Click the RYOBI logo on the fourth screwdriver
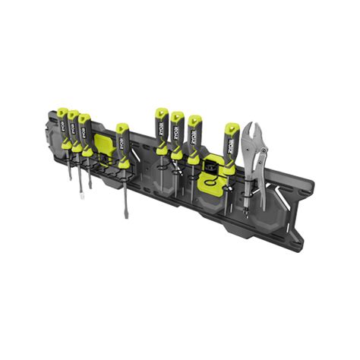[122, 138]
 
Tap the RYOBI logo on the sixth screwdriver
[178, 130]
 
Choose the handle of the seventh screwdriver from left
[194, 132]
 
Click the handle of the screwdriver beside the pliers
[230, 140]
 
